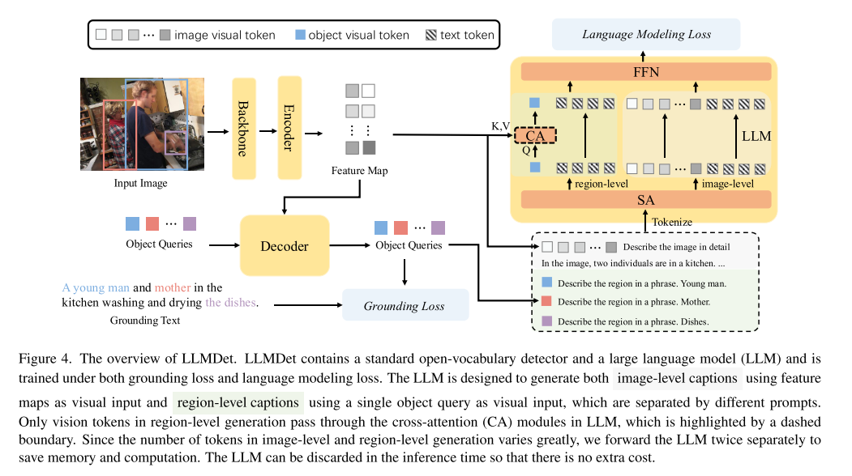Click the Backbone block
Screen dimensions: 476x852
244,129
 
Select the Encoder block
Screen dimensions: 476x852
289,128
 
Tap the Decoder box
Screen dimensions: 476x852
285,244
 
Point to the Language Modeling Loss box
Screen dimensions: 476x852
646,34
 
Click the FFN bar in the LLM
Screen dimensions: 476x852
646,72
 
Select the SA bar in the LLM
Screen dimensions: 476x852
646,199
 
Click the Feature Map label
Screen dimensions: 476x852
359,171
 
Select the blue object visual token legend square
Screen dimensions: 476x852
300,36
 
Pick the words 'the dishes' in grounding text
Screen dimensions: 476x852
230,303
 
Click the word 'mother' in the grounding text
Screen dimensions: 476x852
173,287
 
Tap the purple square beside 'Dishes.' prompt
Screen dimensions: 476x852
547,321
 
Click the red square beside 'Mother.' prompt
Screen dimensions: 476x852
547,302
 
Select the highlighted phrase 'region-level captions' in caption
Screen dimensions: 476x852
238,403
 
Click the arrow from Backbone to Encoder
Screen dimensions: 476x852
267,130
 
